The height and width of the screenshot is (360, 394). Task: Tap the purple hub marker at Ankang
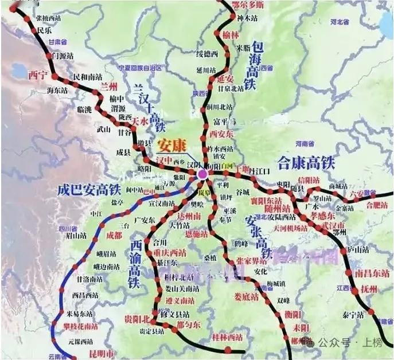tap(202, 173)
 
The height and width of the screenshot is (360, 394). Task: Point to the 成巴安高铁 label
tap(89, 190)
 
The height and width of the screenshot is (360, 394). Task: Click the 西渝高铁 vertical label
tap(135, 263)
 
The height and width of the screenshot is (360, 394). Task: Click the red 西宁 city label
tap(37, 75)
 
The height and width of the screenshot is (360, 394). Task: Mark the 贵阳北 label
tap(138, 318)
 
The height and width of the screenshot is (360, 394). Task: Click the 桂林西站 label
tap(228, 336)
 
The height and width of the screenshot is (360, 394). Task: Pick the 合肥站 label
tap(377, 204)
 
